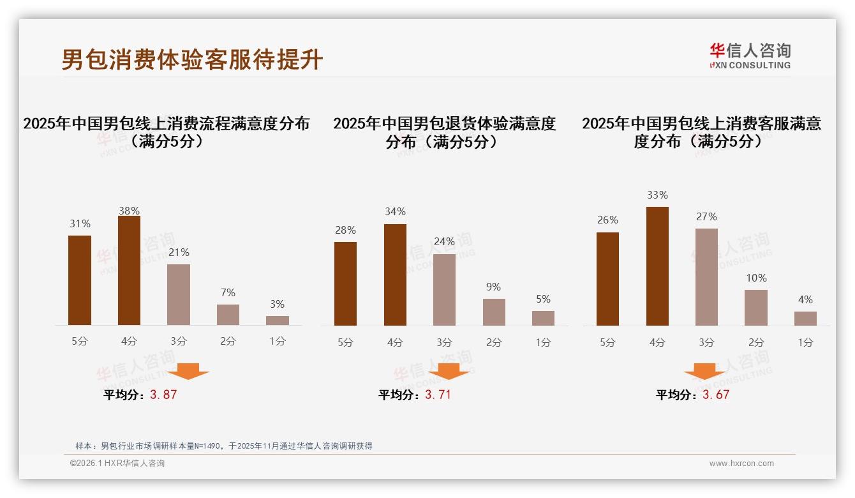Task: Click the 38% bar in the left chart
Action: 129,271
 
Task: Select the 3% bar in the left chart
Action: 278,321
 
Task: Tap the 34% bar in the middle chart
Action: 395,275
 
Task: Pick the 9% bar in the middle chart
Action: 494,312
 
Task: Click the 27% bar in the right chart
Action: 706,277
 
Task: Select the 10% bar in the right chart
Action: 756,308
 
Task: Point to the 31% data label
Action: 80,224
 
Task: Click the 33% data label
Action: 657,195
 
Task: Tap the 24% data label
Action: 444,242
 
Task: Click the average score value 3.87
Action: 163,395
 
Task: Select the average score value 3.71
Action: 438,395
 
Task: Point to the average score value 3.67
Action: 716,395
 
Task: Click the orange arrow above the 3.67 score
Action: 704,372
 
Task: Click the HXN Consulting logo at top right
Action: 750,56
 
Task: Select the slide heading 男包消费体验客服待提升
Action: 192,60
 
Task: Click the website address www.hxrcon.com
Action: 741,464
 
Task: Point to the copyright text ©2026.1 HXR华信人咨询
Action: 117,464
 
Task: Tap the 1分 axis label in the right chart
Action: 805,343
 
